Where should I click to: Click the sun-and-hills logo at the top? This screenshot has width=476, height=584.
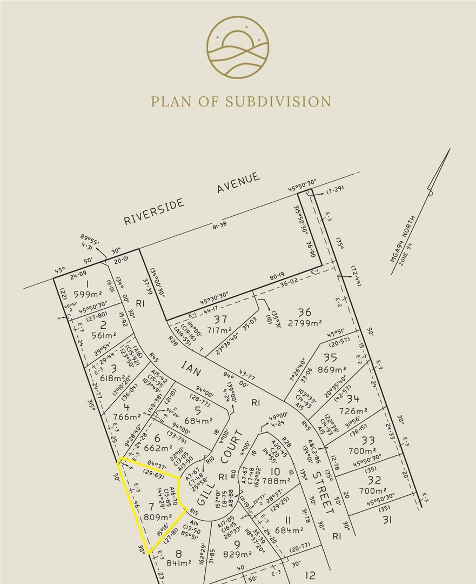coord(238,48)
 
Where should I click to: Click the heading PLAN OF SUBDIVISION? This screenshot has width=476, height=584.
coord(241,102)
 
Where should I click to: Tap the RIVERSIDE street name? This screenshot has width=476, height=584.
coord(155,211)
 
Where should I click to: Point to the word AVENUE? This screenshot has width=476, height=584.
coord(238,183)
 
